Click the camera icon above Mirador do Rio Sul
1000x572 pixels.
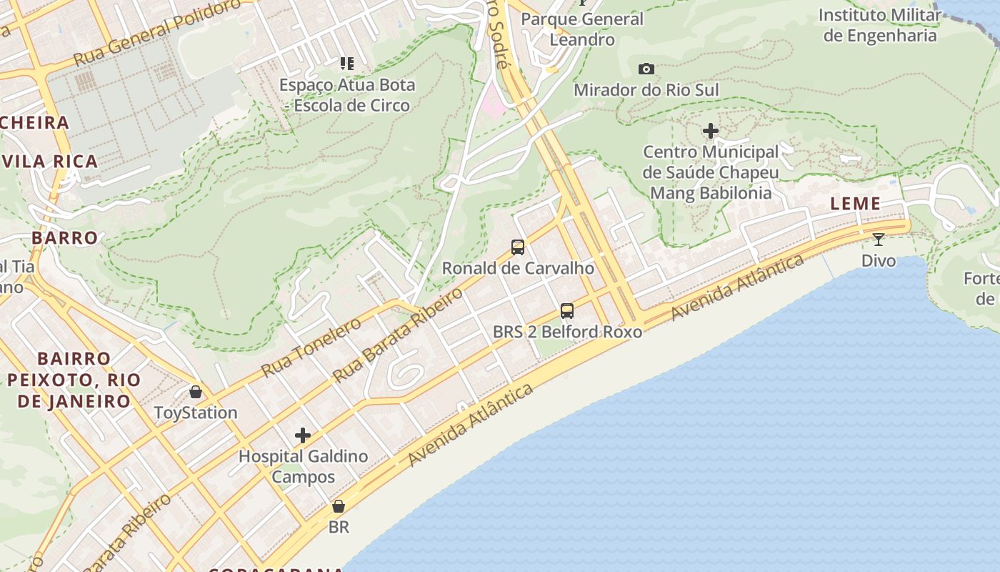[x=646, y=69]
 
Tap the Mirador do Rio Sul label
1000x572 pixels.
[x=646, y=90]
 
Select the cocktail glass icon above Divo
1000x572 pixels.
[x=879, y=240]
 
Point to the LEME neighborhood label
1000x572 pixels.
[x=855, y=204]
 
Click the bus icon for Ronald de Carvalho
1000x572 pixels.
[x=518, y=247]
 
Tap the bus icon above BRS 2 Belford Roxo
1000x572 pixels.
[x=567, y=311]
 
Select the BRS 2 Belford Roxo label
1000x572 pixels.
[x=567, y=332]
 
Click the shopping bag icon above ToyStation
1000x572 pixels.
[x=196, y=392]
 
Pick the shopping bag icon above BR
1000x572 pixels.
[x=339, y=506]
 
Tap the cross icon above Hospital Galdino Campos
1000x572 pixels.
[x=303, y=435]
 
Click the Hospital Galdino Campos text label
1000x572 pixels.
[x=303, y=466]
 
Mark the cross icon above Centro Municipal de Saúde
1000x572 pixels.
[x=710, y=131]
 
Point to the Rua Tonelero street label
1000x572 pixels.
[x=311, y=347]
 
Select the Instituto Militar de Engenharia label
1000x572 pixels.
[x=880, y=25]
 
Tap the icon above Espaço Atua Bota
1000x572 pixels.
[x=347, y=64]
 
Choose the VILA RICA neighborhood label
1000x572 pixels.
[x=49, y=162]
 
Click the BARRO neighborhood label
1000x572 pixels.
[x=64, y=238]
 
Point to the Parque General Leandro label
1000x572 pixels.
[x=581, y=29]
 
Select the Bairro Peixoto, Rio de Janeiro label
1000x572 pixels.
[x=69, y=379]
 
